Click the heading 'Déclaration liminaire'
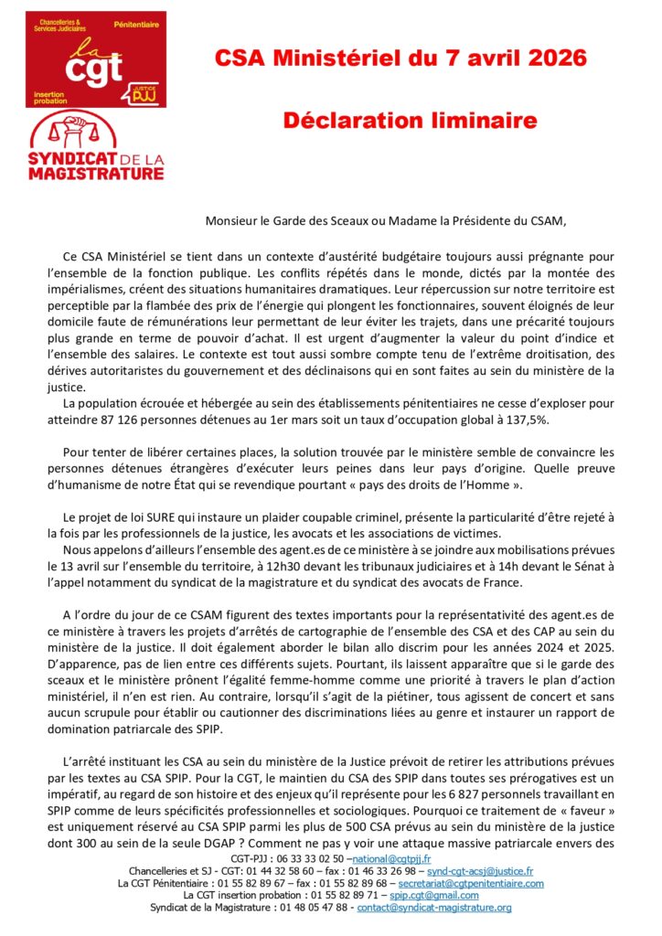coord(409,121)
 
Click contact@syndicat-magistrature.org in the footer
coord(434,908)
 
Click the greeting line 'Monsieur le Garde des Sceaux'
coord(286,218)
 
